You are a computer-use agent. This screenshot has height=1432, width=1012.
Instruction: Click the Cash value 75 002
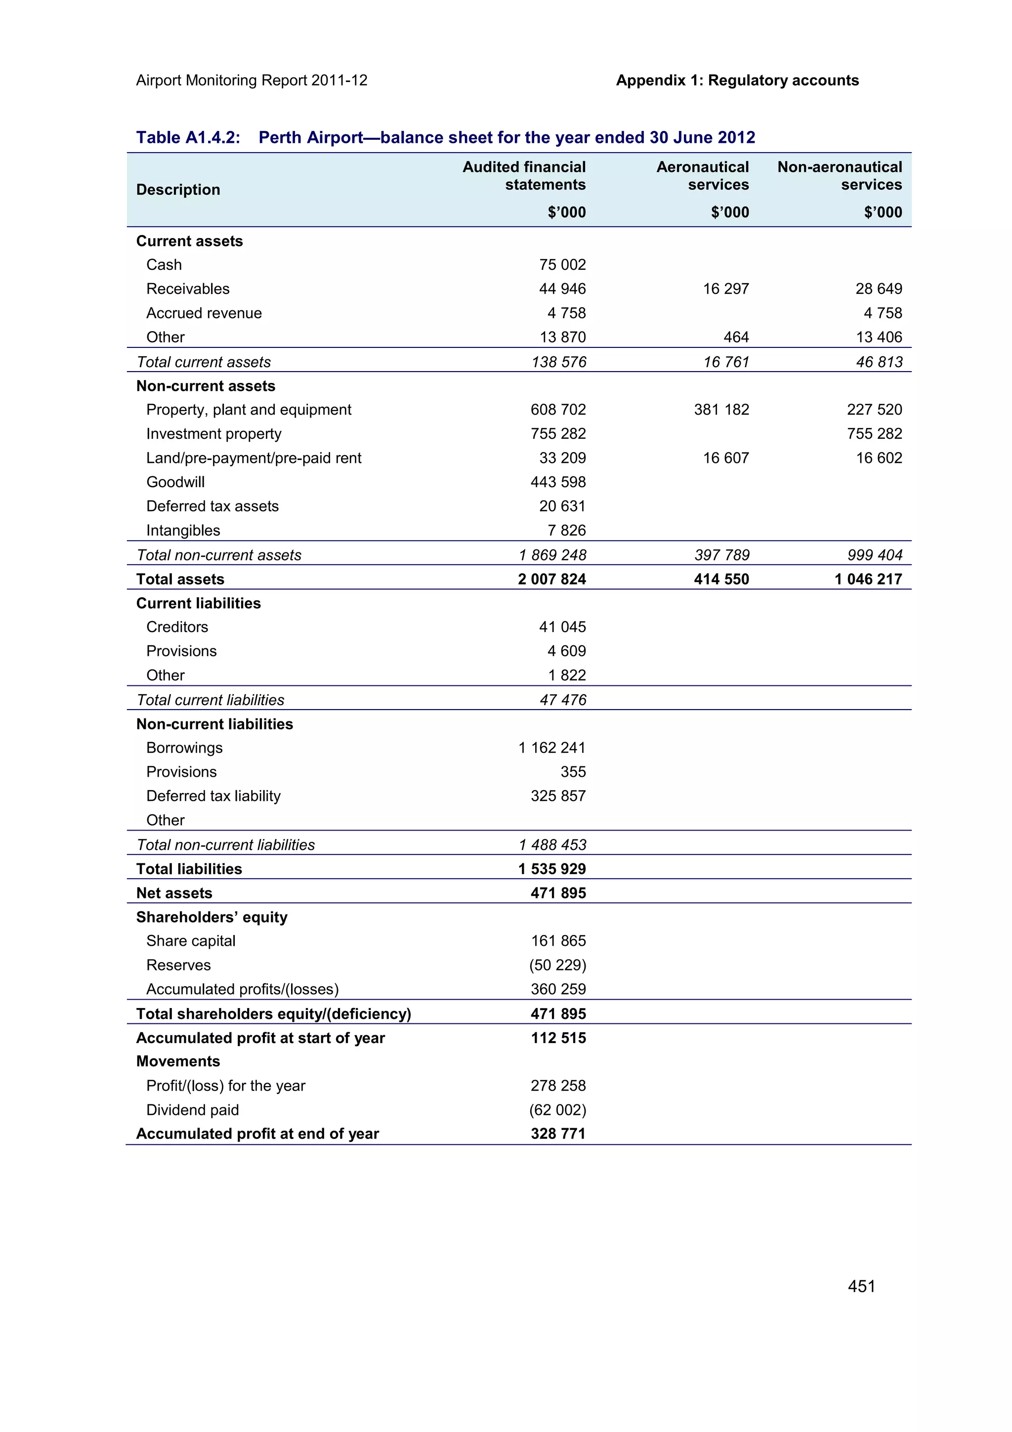562,264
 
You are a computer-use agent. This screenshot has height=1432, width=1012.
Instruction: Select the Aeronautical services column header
702,176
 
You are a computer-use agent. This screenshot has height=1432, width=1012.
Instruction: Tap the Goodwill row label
175,482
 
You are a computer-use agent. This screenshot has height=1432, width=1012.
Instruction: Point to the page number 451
861,1286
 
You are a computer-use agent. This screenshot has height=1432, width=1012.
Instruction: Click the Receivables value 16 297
725,289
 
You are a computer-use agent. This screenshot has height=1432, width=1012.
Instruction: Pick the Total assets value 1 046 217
868,580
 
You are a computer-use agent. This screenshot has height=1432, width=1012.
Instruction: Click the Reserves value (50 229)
557,965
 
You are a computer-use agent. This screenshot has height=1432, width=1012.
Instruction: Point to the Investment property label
213,433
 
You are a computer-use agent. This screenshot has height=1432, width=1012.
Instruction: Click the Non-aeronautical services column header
839,176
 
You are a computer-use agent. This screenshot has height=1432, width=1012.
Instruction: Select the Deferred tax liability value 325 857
557,796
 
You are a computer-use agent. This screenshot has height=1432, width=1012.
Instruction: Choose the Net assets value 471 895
557,893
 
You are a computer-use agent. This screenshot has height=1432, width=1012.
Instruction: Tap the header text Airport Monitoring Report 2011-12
252,81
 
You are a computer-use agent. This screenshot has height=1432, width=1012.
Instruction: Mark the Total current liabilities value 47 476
562,700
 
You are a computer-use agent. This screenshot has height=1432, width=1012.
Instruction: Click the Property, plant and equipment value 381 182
721,410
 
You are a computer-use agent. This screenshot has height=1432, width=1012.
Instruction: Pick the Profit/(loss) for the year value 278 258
557,1085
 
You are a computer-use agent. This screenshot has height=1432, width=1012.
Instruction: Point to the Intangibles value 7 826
566,530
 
